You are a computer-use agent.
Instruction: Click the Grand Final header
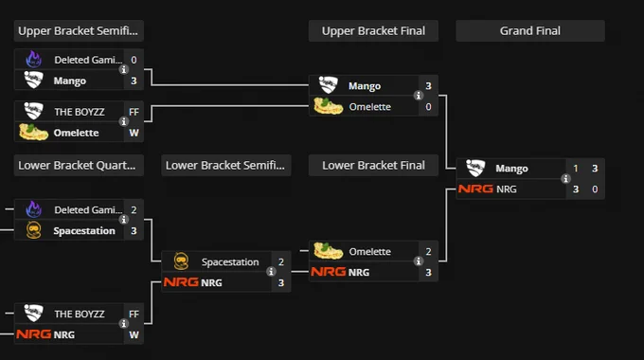coord(529,31)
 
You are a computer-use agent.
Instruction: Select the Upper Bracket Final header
coord(373,31)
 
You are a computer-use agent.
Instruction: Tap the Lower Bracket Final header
coord(373,165)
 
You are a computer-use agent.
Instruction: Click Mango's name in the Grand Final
coord(511,169)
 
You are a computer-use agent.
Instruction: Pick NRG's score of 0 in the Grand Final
coord(595,189)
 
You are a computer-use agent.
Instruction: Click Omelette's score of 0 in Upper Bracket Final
coord(428,107)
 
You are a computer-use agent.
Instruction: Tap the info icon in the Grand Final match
coord(565,179)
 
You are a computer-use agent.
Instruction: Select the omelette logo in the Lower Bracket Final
coord(329,251)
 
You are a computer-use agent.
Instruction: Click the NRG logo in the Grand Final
coord(475,189)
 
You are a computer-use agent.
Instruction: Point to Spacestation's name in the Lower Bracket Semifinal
coord(230,262)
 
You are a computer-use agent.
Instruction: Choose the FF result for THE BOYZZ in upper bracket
coord(134,112)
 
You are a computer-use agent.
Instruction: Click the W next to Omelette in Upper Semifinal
coord(134,133)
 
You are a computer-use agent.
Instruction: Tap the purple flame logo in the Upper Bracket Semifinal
coord(34,59)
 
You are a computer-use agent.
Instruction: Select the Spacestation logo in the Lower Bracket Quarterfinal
coord(34,230)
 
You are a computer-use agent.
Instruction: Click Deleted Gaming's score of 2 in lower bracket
coord(134,210)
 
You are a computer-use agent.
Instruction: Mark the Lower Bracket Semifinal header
coord(225,165)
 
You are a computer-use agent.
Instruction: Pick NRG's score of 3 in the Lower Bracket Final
coord(428,273)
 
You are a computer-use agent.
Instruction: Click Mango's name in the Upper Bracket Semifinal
coord(70,81)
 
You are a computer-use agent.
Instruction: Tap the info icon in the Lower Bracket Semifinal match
coord(271,271)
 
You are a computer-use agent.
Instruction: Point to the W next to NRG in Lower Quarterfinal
coord(134,335)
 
